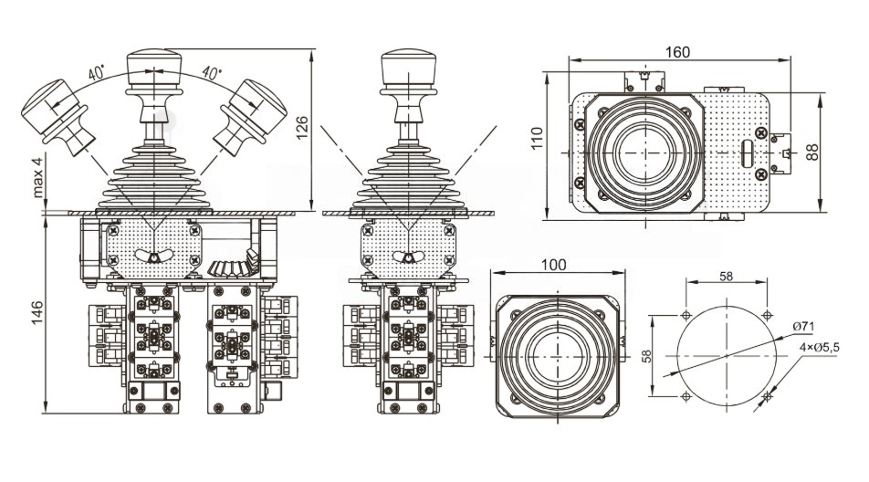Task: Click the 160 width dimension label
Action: click(x=677, y=51)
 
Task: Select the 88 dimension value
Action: click(x=811, y=150)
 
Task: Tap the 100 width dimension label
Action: click(x=553, y=265)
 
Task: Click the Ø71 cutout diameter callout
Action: click(x=803, y=326)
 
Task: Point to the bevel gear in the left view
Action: click(x=227, y=266)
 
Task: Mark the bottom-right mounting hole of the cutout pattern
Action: click(x=766, y=395)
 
